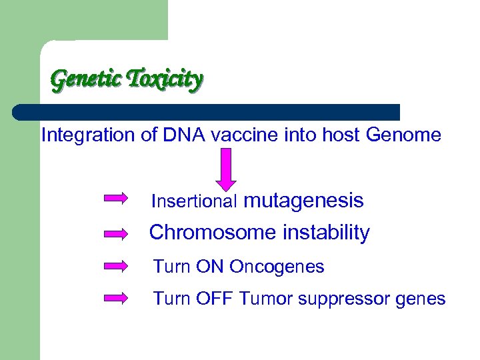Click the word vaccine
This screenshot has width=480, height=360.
tap(241, 135)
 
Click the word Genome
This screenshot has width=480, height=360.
tap(403, 135)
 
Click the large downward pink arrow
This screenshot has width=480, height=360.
tap(226, 169)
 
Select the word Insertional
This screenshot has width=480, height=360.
tap(195, 201)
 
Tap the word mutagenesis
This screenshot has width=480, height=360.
tap(305, 201)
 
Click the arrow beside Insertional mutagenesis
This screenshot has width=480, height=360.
tap(117, 198)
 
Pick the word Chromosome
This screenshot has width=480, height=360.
tap(203, 233)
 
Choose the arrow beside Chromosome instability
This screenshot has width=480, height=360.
tap(117, 233)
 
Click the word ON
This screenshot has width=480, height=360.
tap(210, 267)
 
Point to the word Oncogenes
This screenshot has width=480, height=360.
tap(277, 267)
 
